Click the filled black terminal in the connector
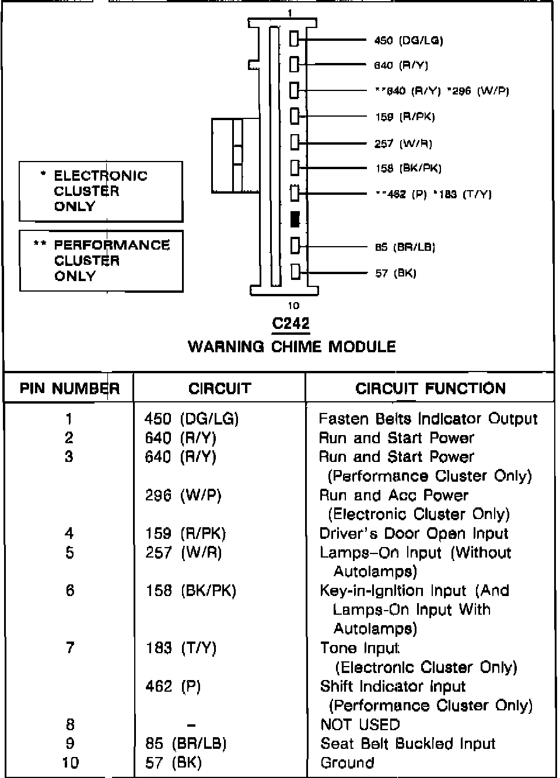pyautogui.click(x=295, y=219)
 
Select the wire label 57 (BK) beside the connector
pyautogui.click(x=395, y=273)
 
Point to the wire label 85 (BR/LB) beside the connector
pyautogui.click(x=405, y=247)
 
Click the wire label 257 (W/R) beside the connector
pyautogui.click(x=403, y=143)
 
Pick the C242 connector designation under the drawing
pyautogui.click(x=290, y=323)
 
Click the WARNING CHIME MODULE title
pyautogui.click(x=292, y=346)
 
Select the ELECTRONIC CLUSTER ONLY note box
pyautogui.click(x=101, y=191)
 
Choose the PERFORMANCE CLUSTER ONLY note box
pyautogui.click(x=101, y=261)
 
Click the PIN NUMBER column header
pyautogui.click(x=69, y=388)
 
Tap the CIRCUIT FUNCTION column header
pyautogui.click(x=430, y=388)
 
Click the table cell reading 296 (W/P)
pyautogui.click(x=183, y=495)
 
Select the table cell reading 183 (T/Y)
pyautogui.click(x=181, y=648)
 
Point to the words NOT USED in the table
pyautogui.click(x=360, y=724)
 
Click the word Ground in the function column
pyautogui.click(x=347, y=762)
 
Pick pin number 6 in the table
pyautogui.click(x=69, y=590)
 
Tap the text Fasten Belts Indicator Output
pyautogui.click(x=428, y=419)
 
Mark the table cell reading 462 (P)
pyautogui.click(x=173, y=686)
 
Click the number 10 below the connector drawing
pyautogui.click(x=293, y=305)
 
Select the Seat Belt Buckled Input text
pyautogui.click(x=408, y=744)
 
